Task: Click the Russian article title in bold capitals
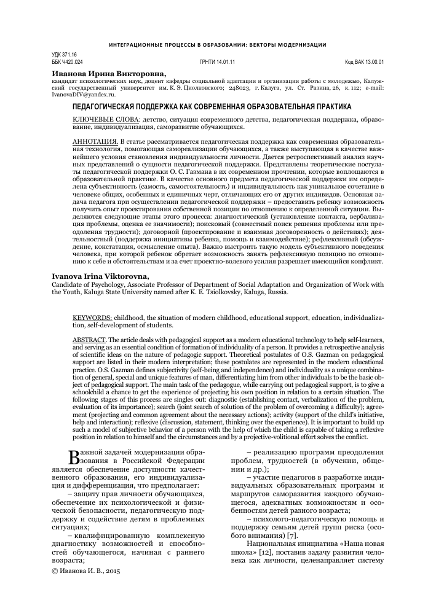(x=212, y=106)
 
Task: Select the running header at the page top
(x=217, y=45)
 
